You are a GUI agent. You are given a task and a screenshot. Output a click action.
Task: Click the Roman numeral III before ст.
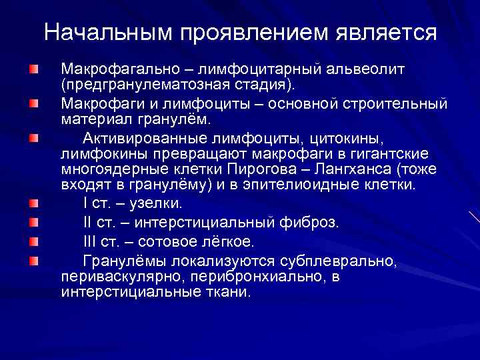point(90,241)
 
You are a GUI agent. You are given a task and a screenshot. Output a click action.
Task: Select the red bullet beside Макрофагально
point(33,69)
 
